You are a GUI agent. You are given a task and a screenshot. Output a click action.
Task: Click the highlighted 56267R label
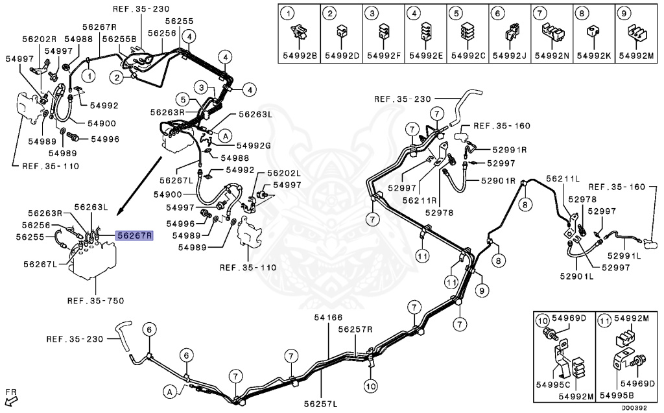coord(134,236)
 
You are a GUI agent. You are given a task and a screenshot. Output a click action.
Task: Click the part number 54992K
coord(595,56)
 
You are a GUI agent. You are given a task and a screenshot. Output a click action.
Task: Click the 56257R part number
coord(355,329)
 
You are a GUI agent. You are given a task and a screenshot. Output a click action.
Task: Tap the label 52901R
coord(497,180)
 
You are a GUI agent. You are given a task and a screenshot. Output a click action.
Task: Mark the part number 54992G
coord(254,145)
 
